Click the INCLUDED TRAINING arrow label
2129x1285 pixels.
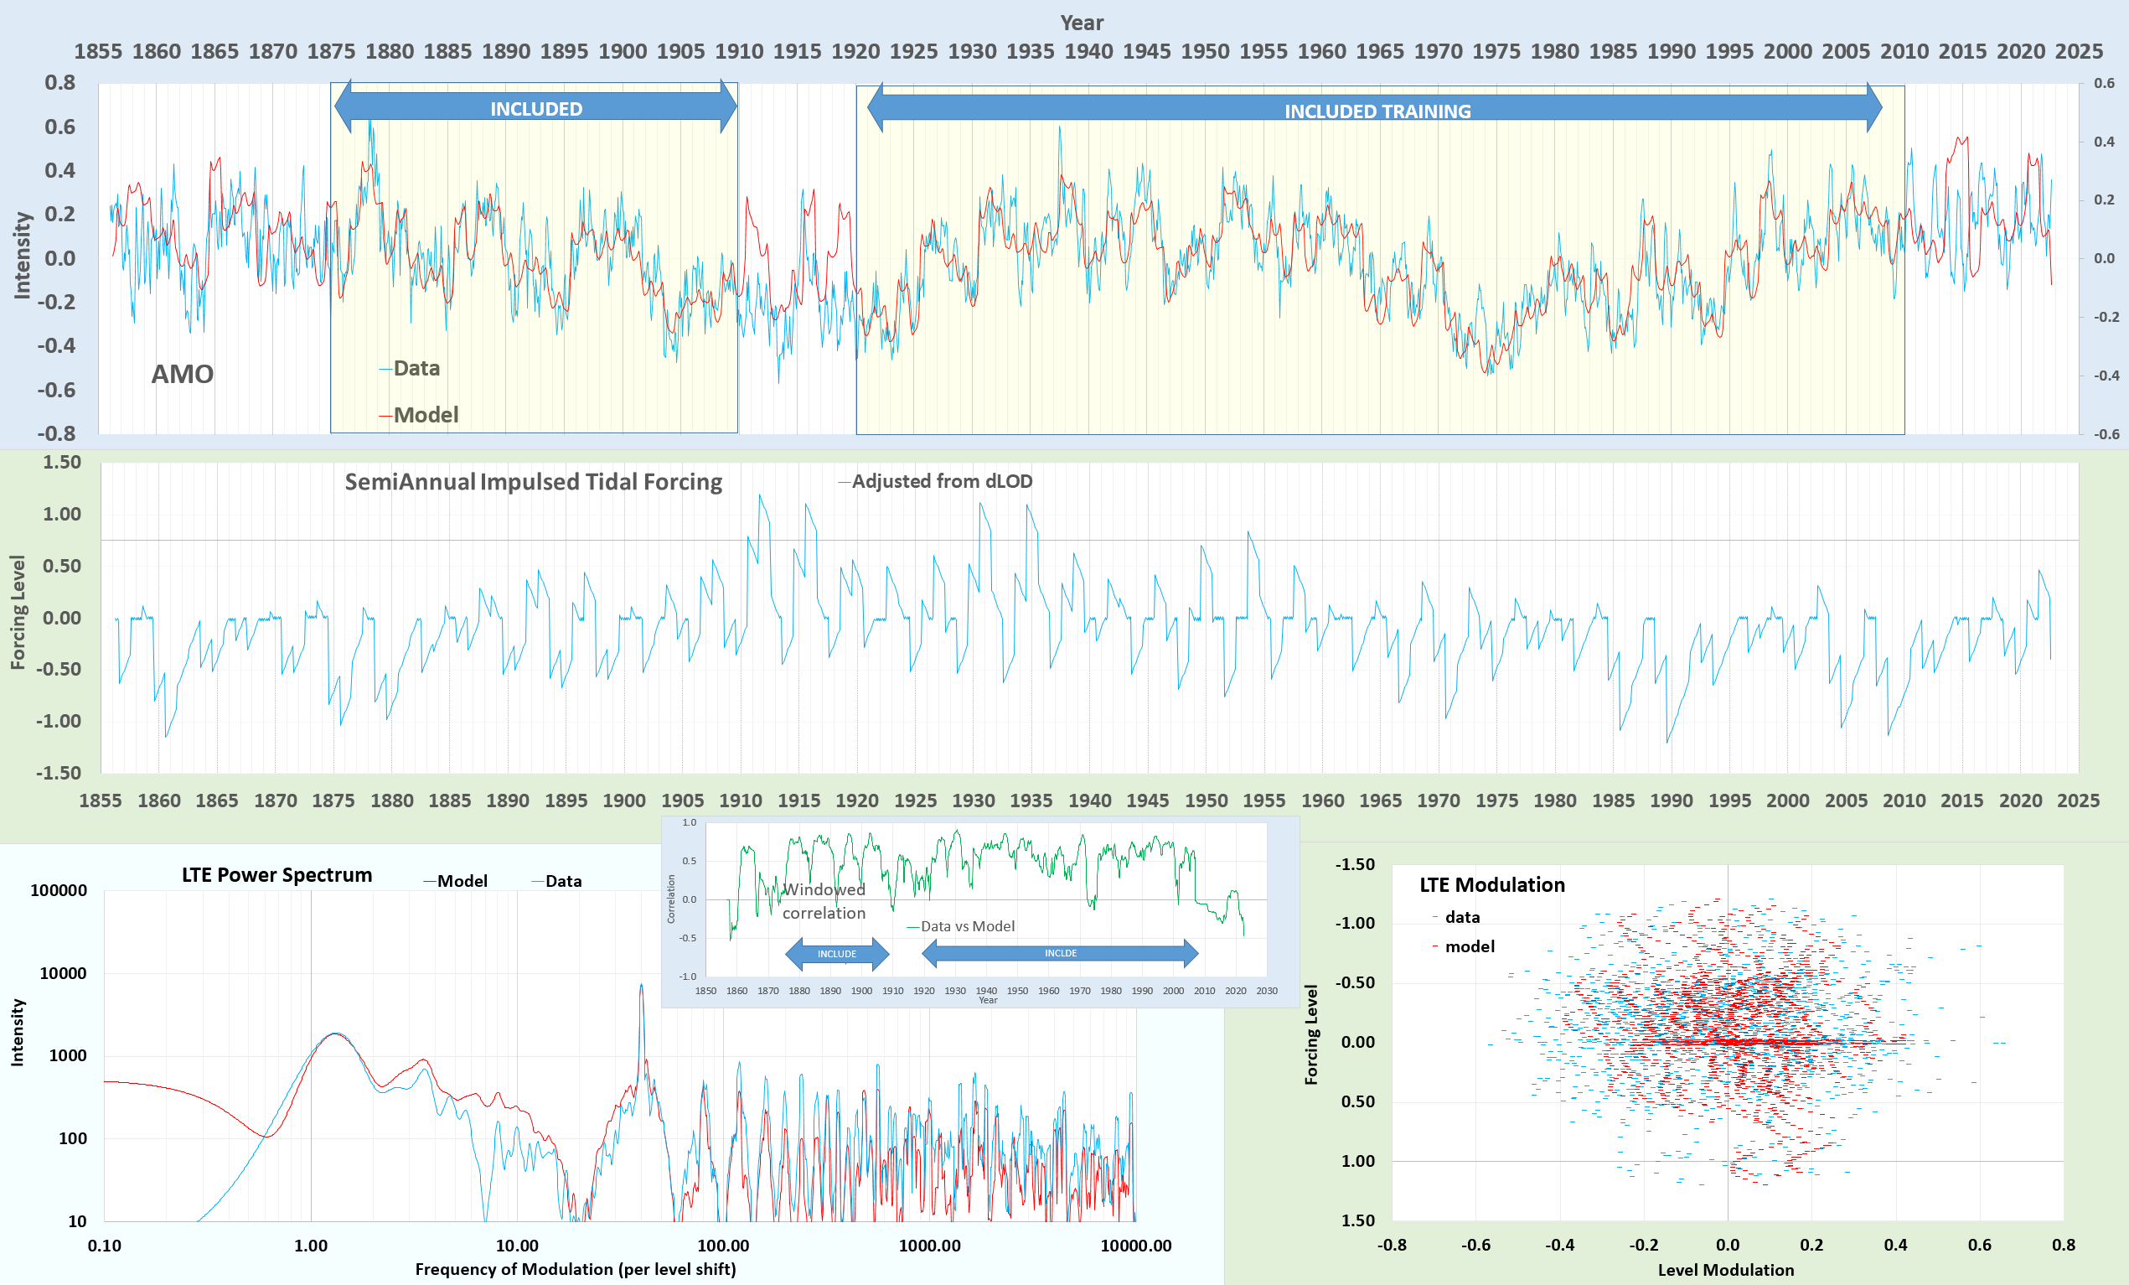(x=1377, y=111)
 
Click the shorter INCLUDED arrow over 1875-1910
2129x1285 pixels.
(x=535, y=108)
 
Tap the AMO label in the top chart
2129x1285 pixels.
(x=182, y=374)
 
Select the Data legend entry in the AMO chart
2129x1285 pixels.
(x=416, y=368)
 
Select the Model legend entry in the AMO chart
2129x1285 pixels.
(x=424, y=415)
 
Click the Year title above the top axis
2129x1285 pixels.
(x=1081, y=23)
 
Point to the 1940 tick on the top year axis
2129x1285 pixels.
(x=1088, y=51)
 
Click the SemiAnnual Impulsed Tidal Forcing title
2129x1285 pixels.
(x=533, y=481)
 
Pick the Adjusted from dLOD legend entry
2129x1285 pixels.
(x=941, y=480)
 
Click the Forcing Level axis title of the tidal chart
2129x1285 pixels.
(x=18, y=612)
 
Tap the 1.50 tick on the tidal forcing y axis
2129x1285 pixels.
(x=62, y=463)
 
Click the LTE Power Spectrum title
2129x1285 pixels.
(x=276, y=874)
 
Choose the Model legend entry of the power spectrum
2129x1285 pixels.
(x=462, y=881)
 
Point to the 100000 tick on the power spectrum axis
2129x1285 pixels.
(x=59, y=890)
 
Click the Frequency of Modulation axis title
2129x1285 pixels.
(x=576, y=1268)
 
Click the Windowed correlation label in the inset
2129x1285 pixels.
(x=824, y=900)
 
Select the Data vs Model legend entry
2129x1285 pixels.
(x=967, y=925)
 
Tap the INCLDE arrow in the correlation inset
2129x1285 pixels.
(x=1060, y=953)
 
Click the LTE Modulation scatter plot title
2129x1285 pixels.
(x=1491, y=884)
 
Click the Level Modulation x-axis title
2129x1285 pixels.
(x=1725, y=1269)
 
